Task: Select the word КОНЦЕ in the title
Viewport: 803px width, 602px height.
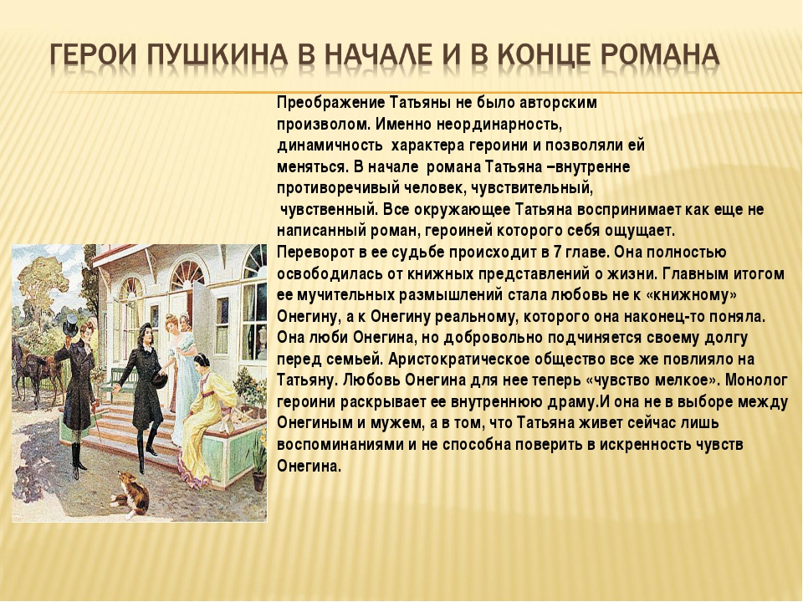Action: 542,55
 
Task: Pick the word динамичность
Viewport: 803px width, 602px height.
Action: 330,145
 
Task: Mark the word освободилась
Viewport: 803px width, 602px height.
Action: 330,274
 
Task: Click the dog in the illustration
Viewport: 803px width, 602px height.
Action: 131,493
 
